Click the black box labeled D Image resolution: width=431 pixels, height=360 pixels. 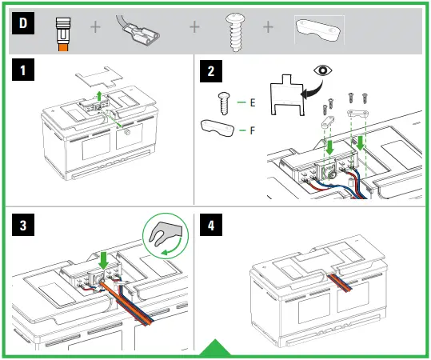[23, 23]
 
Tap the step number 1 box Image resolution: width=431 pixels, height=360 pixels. [23, 70]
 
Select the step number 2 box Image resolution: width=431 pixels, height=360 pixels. [211, 71]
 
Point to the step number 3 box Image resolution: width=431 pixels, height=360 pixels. [23, 225]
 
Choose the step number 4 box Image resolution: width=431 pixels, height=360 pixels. [211, 225]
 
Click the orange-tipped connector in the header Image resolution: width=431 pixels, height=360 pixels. [63, 34]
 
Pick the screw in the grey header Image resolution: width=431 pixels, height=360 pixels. [236, 33]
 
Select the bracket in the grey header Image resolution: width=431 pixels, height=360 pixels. [318, 30]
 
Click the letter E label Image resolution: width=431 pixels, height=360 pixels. [253, 102]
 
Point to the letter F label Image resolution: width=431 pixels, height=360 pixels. [253, 130]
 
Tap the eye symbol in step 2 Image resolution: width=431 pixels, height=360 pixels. [323, 70]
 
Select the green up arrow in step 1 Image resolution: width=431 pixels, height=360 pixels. [99, 96]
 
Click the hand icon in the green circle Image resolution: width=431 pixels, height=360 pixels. [165, 233]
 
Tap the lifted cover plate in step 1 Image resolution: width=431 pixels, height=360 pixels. [99, 76]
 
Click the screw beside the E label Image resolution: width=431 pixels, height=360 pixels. [224, 103]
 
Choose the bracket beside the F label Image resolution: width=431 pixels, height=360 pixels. [217, 128]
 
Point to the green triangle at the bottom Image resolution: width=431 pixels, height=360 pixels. [215, 349]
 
